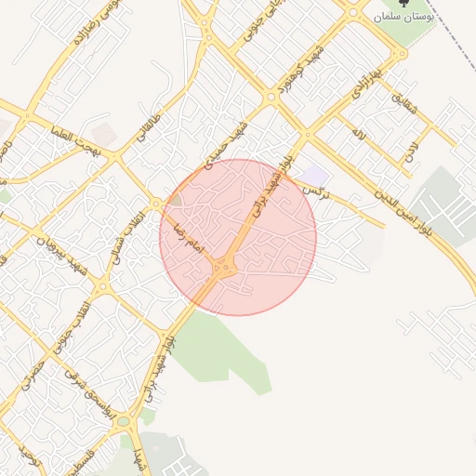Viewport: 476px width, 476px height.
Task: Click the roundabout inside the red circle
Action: (224, 270)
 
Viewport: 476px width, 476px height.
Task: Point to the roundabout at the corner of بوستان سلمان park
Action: (353, 12)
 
